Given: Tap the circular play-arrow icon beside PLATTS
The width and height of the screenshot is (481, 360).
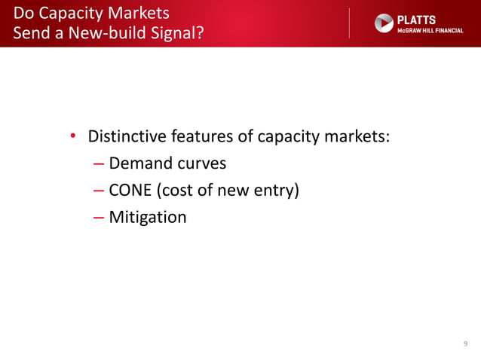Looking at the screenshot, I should [384, 23].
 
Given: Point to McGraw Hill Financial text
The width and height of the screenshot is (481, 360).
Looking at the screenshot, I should [430, 29].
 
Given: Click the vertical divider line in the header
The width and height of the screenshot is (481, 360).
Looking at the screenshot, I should [350, 23].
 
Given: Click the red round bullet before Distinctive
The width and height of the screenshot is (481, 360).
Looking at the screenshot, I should [73, 137].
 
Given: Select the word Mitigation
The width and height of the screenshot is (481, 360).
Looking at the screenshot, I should [147, 218].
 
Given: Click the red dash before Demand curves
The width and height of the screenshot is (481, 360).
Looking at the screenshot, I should [100, 163].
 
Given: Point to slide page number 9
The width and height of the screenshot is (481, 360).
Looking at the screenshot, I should [465, 343].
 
